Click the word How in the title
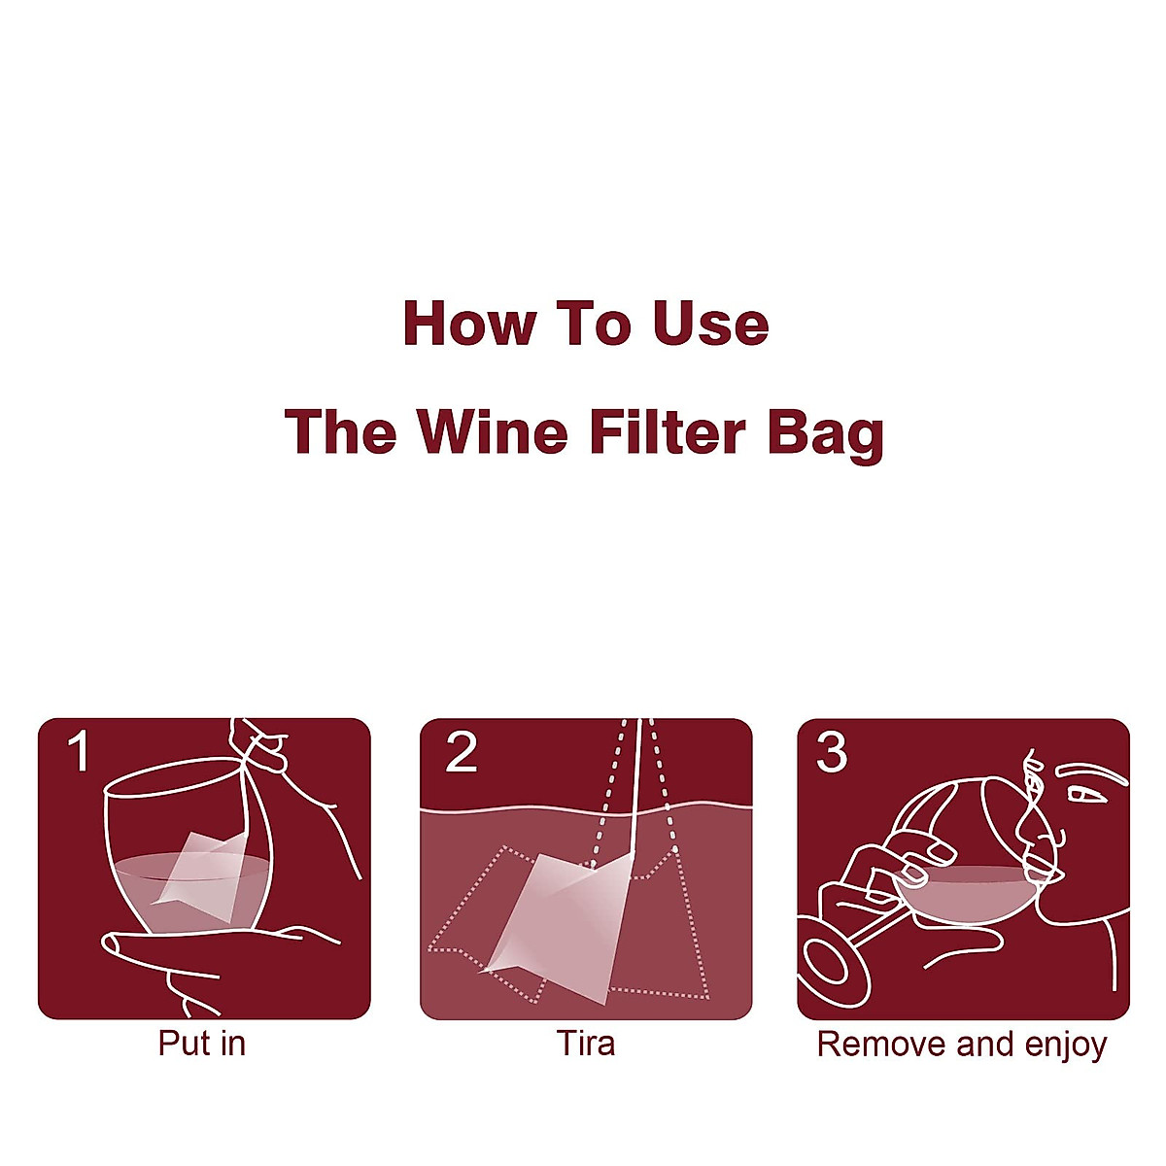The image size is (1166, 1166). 467,324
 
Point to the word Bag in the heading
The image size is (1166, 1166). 825,433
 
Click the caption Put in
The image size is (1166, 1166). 202,1044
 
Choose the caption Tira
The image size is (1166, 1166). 585,1044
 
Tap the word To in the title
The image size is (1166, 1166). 592,324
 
